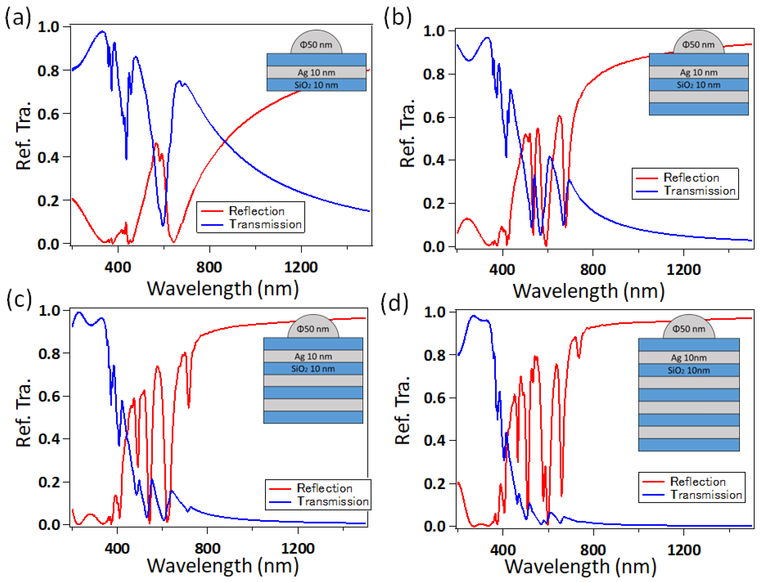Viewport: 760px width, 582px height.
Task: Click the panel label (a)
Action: [x=18, y=17]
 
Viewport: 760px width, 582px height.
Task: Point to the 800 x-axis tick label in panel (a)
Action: [x=209, y=267]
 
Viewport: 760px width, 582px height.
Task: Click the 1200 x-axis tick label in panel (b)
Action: [x=683, y=269]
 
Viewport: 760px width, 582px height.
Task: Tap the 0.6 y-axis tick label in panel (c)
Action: [x=49, y=396]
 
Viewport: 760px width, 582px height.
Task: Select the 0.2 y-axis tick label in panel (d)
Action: [x=434, y=484]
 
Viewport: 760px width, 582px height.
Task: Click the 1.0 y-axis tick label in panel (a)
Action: [x=49, y=27]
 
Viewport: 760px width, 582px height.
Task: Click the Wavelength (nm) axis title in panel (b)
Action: [x=588, y=291]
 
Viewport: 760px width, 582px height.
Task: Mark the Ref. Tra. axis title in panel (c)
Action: [x=24, y=412]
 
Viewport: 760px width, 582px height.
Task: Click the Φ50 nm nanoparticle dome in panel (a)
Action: [x=316, y=44]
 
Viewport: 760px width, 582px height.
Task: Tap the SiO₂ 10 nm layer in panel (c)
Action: [x=313, y=369]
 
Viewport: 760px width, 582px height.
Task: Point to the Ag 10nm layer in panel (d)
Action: [x=689, y=358]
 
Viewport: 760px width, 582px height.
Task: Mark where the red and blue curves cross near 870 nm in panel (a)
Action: [x=225, y=141]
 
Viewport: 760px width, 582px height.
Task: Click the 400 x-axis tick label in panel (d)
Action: [x=503, y=550]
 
